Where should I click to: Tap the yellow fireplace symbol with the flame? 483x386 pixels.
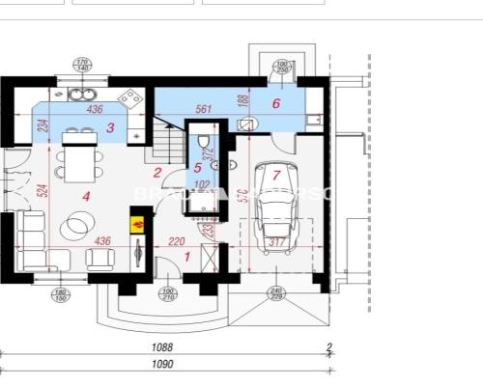pos(136,224)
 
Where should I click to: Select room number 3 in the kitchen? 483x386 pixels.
pos(111,127)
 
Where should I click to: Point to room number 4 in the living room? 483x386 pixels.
pos(86,196)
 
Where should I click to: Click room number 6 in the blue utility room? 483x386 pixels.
pos(276,104)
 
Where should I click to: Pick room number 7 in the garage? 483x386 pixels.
pos(277,176)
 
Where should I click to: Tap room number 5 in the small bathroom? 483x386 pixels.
pos(197,168)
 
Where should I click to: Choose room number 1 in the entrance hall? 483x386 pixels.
pos(188,256)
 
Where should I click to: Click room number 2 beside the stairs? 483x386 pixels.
pos(157,173)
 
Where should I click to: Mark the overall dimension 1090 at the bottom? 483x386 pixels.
pos(163,364)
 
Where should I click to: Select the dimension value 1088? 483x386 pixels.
pos(161,346)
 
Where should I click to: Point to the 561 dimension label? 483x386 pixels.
pos(203,109)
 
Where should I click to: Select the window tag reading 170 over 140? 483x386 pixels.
pos(83,66)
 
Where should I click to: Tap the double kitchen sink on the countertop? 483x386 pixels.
pos(77,96)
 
